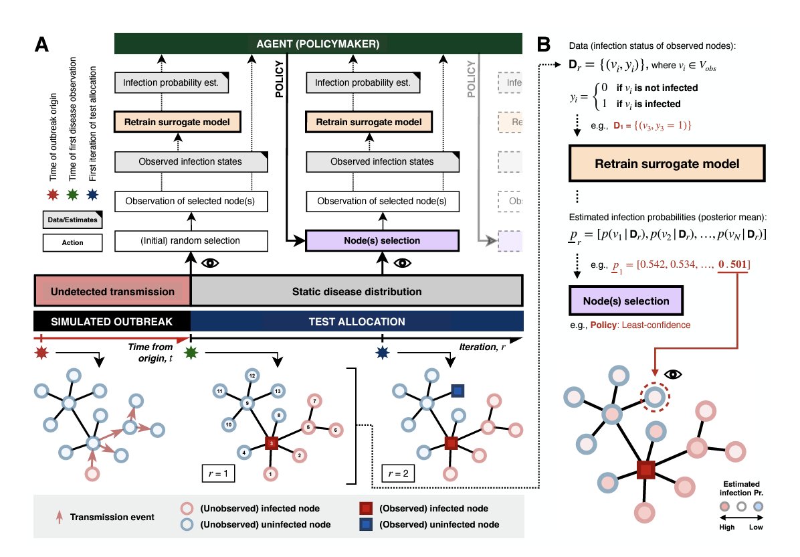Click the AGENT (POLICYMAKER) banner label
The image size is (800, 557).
point(318,45)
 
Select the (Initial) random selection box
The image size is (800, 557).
point(191,240)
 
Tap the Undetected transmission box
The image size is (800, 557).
point(112,291)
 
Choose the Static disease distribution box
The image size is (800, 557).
point(357,291)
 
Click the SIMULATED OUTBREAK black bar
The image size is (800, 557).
point(112,321)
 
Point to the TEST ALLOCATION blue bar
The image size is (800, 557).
point(357,321)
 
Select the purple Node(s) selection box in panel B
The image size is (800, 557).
point(626,301)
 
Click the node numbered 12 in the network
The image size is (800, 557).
point(252,376)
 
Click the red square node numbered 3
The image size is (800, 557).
point(271,443)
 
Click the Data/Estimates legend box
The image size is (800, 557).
point(72,219)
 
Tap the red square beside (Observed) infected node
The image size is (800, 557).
point(365,509)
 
